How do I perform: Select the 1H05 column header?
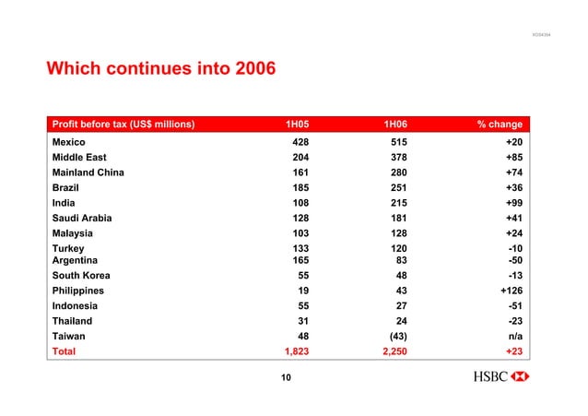[x=296, y=125]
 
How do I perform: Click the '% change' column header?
[x=499, y=125]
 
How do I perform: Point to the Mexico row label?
[x=69, y=143]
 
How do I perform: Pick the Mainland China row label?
[x=88, y=172]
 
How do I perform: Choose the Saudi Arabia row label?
[x=85, y=218]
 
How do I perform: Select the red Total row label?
[x=65, y=351]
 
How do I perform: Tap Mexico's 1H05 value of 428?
[x=300, y=143]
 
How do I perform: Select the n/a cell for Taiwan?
[x=514, y=336]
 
